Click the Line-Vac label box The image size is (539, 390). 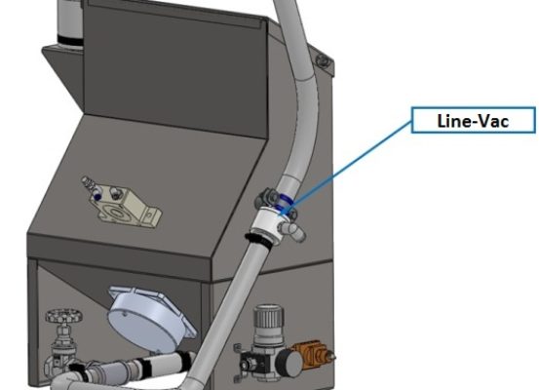point(474,120)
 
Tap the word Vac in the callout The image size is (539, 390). point(494,121)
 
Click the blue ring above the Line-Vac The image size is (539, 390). point(284,201)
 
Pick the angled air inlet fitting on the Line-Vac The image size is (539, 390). point(292,230)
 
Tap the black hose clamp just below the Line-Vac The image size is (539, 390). point(258,240)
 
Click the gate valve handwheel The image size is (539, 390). point(64,315)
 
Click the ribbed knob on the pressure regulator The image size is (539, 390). point(269,322)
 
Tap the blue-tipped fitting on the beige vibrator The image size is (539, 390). point(96,196)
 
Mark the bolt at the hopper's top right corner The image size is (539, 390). point(324,61)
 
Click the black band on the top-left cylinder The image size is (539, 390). point(70,40)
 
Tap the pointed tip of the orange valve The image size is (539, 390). point(334,357)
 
